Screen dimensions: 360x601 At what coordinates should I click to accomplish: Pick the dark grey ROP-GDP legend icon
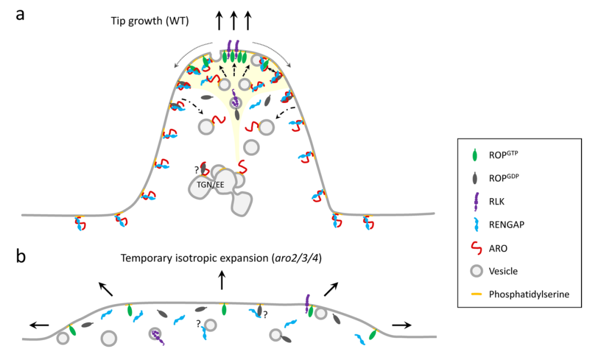point(474,177)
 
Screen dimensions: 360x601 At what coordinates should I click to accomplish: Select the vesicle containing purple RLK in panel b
point(157,334)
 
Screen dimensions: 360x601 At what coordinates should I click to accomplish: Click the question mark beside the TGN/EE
point(196,169)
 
